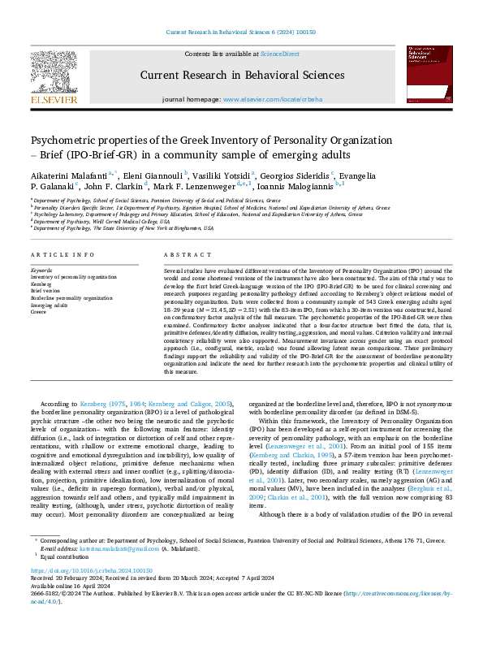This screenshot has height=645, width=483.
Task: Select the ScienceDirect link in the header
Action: [278, 53]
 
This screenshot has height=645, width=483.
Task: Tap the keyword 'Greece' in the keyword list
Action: [39, 310]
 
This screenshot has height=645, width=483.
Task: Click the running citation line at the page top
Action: [241, 30]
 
